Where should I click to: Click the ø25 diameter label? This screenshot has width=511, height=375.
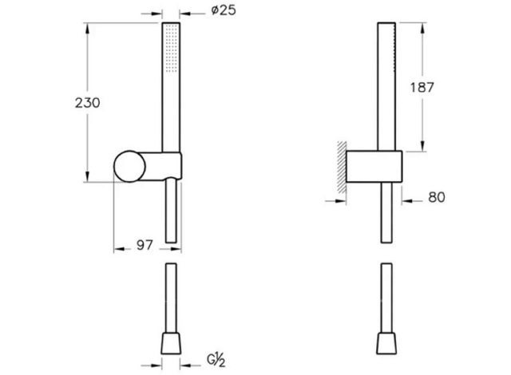[x=224, y=10]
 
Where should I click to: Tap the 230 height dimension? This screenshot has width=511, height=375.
[x=87, y=103]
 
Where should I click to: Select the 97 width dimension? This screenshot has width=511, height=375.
[x=145, y=245]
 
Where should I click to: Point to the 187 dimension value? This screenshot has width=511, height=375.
[x=422, y=88]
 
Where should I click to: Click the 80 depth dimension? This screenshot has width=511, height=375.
[x=437, y=197]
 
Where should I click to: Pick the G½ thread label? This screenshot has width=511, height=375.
[x=216, y=361]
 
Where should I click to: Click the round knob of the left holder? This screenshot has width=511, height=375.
[x=129, y=166]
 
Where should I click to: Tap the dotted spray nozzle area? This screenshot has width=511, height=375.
[x=171, y=48]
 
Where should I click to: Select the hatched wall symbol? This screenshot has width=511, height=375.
[x=342, y=168]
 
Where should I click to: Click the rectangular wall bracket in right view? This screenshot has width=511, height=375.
[x=374, y=166]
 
